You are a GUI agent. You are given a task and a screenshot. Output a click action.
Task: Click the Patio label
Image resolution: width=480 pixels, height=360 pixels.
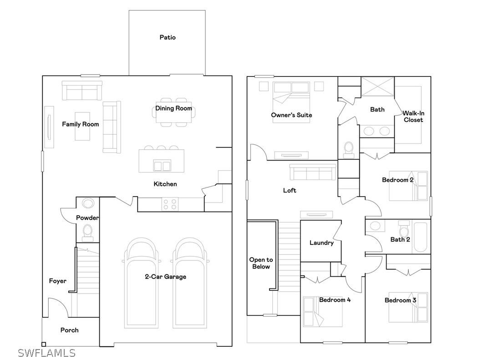coord(167,37)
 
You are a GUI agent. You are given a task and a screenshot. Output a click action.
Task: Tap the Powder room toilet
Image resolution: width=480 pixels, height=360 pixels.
coord(87,233)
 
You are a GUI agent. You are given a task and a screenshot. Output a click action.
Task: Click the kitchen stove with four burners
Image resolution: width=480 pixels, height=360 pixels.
coord(170,204)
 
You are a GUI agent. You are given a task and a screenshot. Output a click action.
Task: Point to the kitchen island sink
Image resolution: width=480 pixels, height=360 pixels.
coord(162,166)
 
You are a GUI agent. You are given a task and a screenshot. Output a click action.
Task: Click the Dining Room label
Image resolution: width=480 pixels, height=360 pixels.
coord(174,108)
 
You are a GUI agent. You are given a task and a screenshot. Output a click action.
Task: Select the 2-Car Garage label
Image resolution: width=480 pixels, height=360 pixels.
coord(165,277)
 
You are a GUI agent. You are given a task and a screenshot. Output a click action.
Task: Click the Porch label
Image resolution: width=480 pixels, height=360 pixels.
coord(69,330)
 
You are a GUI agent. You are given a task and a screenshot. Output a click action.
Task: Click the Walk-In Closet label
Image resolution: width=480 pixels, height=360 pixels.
coord(413,117)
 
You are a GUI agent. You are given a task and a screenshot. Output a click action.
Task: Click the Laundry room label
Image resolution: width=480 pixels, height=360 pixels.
coord(322,243)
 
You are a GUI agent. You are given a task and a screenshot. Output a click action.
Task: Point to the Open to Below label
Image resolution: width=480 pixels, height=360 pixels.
coord(260,263)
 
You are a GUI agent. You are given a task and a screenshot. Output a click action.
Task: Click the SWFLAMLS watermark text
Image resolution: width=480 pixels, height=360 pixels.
coord(47,353)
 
